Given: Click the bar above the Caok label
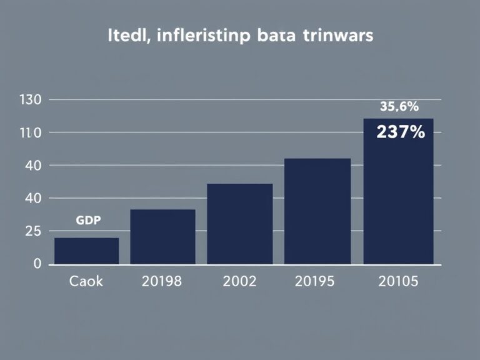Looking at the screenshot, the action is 87,251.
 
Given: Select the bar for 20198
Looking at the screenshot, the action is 163,237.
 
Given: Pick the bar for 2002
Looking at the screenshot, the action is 240,224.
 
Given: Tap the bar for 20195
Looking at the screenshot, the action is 317,211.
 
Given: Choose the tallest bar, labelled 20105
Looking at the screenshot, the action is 398,191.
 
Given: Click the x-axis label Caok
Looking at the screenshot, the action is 86,281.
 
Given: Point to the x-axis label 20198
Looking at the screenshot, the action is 162,281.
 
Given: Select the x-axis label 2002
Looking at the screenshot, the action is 239,281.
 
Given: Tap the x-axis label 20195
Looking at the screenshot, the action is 315,281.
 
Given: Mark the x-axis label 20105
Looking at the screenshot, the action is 398,281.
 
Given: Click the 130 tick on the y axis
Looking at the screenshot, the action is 30,100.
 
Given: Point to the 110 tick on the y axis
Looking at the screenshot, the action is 30,133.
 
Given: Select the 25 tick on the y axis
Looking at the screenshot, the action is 32,231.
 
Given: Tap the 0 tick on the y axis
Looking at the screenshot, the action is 37,264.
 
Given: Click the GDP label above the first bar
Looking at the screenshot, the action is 88,220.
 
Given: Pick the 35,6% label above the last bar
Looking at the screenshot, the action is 399,106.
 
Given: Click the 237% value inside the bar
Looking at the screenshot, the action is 401,132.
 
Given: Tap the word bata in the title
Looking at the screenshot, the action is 276,36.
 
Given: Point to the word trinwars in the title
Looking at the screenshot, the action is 338,36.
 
